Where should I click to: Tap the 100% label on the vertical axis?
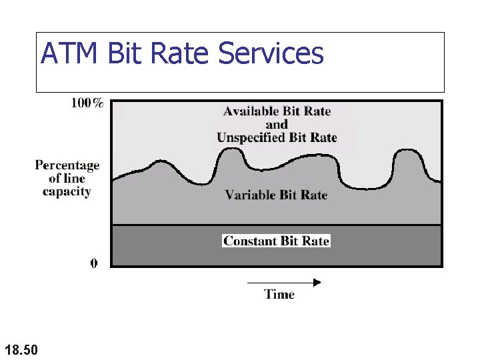(87, 103)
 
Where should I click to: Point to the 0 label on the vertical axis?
(94, 263)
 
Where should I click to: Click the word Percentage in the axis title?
(67, 165)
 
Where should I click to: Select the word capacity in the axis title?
(67, 191)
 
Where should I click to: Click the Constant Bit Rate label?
(276, 241)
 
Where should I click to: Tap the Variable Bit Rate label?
(276, 195)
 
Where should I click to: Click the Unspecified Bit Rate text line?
(277, 138)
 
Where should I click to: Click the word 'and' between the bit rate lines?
(277, 125)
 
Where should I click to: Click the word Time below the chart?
(279, 294)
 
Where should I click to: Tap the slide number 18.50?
(21, 349)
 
